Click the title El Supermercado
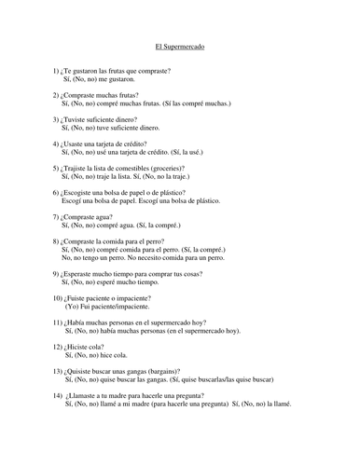tap(180, 46)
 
